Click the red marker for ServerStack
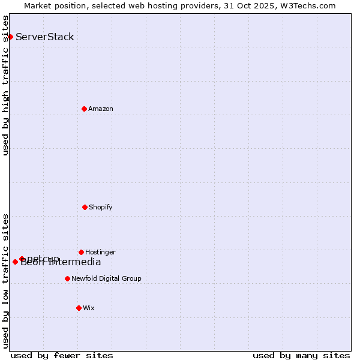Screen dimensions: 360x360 tap(10, 37)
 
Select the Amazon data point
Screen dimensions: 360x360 tap(84, 109)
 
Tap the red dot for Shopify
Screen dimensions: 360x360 tap(85, 207)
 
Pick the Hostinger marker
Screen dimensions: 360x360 tap(81, 252)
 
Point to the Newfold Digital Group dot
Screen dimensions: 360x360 tap(67, 278)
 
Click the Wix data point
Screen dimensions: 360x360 tap(79, 308)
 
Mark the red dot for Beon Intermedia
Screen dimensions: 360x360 tap(15, 262)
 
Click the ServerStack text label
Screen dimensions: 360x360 tap(45, 37)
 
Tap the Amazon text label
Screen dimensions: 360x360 tap(101, 109)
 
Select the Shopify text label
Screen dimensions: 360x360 tap(101, 207)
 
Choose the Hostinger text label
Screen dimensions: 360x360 tap(100, 252)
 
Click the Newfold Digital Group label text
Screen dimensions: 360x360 tap(106, 278)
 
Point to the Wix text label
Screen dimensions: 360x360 tap(89, 308)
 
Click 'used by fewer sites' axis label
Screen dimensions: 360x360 tap(62, 355)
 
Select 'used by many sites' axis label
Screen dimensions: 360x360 tap(301, 355)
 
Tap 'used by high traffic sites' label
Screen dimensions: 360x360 tap(6, 85)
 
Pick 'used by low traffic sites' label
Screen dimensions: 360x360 tap(6, 280)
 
